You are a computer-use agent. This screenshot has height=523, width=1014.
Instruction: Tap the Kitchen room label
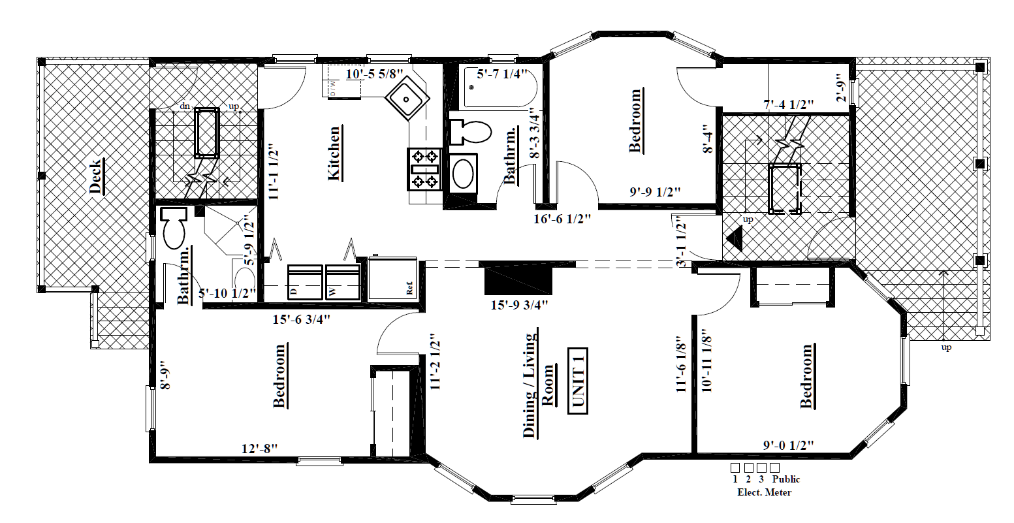tap(334, 153)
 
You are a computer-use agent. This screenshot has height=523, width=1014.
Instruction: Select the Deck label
tap(95, 176)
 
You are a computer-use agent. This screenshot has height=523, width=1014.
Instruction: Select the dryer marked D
tap(305, 282)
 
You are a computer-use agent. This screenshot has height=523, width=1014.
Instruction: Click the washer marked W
tap(343, 282)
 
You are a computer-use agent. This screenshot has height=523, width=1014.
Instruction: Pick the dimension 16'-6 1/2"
tap(562, 219)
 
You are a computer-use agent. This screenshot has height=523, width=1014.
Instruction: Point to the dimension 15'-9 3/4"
tap(519, 304)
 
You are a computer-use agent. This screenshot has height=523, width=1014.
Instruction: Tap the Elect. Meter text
tap(764, 492)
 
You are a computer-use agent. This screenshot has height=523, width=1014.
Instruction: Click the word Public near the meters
tap(785, 479)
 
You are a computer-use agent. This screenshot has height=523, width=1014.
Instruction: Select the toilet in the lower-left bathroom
tap(174, 227)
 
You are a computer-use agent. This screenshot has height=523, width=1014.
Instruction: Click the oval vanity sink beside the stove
tap(464, 173)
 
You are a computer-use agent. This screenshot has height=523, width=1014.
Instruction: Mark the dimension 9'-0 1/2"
tap(789, 445)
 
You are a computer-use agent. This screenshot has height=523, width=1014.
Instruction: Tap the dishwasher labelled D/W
tap(332, 85)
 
